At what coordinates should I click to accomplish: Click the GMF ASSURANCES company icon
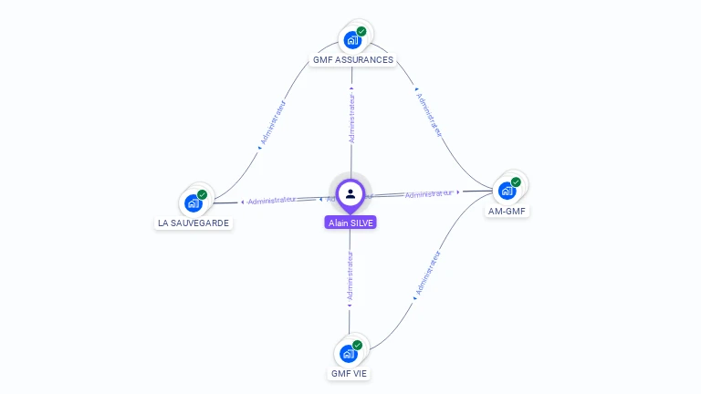(350, 40)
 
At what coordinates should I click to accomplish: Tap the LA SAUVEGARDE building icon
(193, 202)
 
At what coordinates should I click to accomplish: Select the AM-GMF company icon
(507, 191)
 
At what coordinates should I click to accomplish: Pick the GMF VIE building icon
(348, 354)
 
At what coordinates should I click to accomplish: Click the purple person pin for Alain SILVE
(350, 194)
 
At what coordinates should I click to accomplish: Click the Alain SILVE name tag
(350, 223)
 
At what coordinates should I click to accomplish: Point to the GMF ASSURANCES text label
(353, 60)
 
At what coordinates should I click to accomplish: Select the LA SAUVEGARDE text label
(194, 223)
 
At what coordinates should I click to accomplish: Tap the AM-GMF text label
(508, 212)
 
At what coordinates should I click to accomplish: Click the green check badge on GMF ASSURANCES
(361, 31)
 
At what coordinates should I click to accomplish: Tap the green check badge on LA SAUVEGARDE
(203, 194)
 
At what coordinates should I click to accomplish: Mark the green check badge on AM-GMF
(516, 182)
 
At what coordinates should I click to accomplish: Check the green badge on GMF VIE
(358, 345)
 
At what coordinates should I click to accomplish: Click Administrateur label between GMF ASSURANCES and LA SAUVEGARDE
(272, 124)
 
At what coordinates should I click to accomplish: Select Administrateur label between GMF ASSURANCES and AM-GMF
(429, 113)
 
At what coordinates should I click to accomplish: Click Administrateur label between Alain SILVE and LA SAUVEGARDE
(271, 200)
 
